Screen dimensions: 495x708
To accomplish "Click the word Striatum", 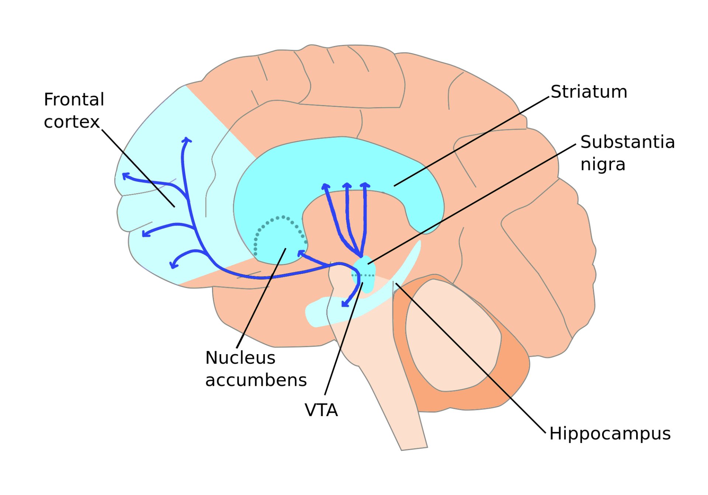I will coord(589,91).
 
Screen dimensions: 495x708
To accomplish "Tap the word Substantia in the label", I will coord(628,142).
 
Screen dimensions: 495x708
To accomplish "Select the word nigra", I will coord(603,164).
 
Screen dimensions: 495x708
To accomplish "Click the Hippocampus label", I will coord(610,434).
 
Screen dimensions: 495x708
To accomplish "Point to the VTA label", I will coord(321,410).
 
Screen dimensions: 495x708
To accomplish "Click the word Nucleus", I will coord(240,358).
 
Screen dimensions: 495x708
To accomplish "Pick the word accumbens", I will coord(256,380).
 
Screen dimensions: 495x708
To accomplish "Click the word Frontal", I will coord(74,100).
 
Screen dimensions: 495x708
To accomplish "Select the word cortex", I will coord(72,122).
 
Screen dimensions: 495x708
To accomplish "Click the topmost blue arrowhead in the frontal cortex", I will coord(187,140).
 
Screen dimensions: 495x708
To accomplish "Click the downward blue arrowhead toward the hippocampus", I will coord(345,304).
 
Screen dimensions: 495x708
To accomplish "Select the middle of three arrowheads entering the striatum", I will coord(347,185).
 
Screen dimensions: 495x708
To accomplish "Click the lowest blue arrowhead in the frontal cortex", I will coord(173,265).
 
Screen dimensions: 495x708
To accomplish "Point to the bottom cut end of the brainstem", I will coord(414,449).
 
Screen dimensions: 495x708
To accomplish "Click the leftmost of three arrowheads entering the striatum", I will coord(325,186).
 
